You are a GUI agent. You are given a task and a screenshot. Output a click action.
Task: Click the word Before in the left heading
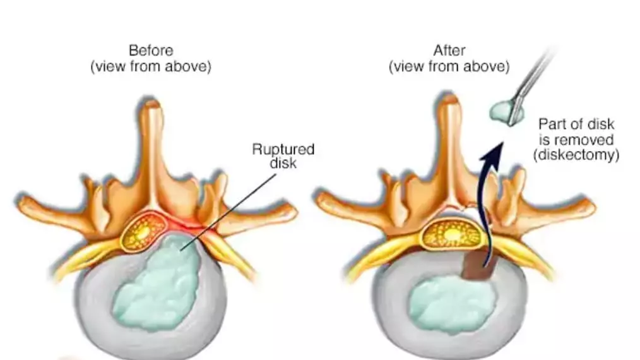pyautogui.click(x=150, y=51)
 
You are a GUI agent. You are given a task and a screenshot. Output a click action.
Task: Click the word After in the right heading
pyautogui.click(x=449, y=51)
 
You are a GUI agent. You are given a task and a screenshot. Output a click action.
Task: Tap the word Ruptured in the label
pyautogui.click(x=283, y=150)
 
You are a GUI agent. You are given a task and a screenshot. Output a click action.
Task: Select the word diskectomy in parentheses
pyautogui.click(x=578, y=154)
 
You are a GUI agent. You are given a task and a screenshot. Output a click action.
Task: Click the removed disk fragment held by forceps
pyautogui.click(x=504, y=112)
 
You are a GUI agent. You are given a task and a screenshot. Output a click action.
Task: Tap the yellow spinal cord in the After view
pyautogui.click(x=451, y=234)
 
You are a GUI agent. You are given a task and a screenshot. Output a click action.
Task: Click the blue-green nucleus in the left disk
pyautogui.click(x=155, y=284)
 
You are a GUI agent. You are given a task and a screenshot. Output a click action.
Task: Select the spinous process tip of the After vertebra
pyautogui.click(x=449, y=109)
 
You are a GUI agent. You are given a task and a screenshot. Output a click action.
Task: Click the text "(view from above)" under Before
pyautogui.click(x=150, y=66)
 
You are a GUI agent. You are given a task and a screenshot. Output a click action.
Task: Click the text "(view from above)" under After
pyautogui.click(x=449, y=66)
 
